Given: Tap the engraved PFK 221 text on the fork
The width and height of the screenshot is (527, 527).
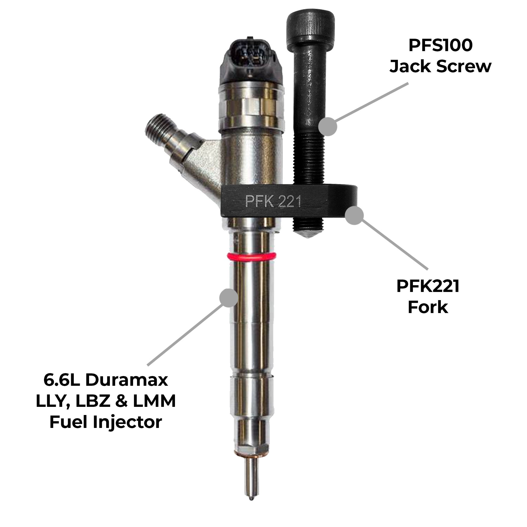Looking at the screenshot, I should coord(273,202).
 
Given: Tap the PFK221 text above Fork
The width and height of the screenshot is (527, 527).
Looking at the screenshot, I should coord(428,286).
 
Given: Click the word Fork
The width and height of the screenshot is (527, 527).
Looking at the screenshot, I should coord(428,307).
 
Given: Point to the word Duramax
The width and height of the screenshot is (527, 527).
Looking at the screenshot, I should coord(126,380).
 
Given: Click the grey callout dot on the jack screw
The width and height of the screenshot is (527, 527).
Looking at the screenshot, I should coord(328,126).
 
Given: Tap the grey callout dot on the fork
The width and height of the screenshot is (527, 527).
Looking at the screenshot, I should coord(354,215).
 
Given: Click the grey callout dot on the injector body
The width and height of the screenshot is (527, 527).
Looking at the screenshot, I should coord(228,297).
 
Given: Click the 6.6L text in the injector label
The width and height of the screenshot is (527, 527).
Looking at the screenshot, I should coord(62,380).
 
